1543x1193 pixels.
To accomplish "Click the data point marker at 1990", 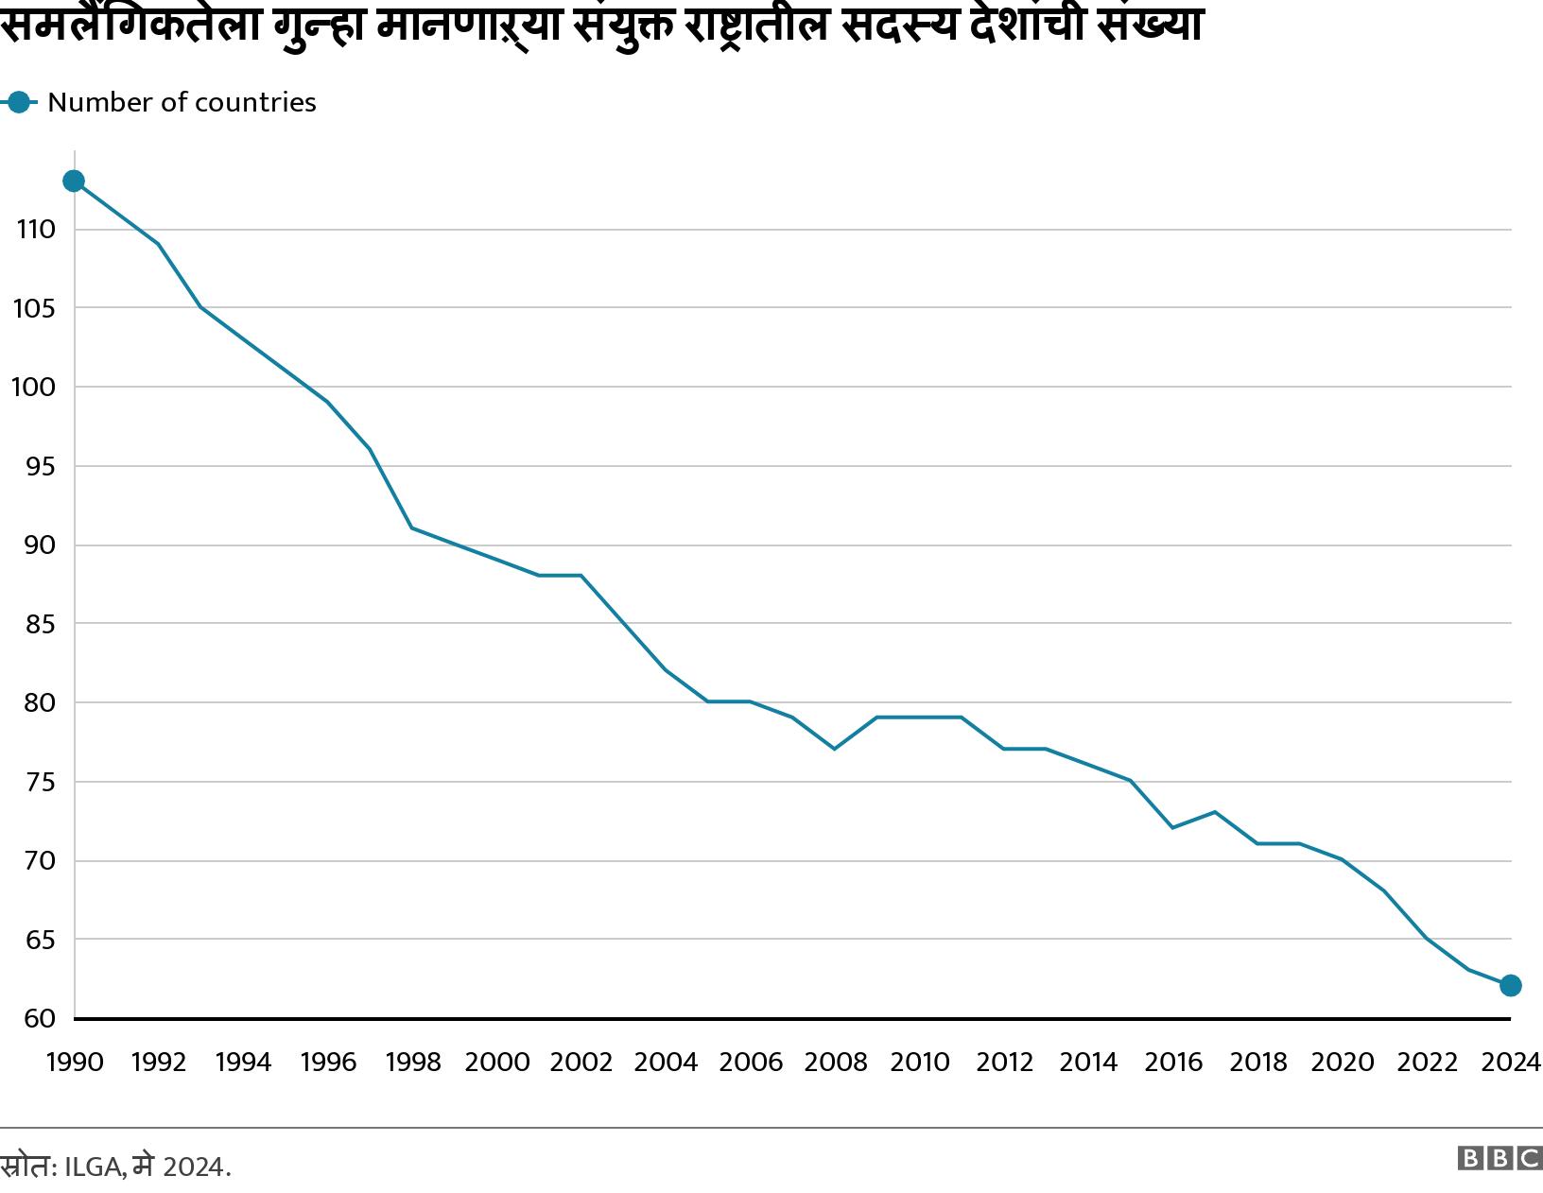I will (x=74, y=181).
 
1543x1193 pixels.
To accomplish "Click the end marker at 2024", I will (x=1510, y=986).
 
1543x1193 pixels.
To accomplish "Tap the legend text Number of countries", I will (x=182, y=102).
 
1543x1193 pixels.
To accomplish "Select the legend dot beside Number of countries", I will (x=18, y=102).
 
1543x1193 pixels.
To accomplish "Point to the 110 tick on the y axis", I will (x=35, y=229).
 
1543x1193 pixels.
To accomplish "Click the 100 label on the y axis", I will (x=35, y=387).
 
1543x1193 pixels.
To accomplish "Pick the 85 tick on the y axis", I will (x=35, y=624).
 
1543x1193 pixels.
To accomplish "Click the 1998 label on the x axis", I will (x=413, y=1063).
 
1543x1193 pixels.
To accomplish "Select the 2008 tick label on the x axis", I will (x=835, y=1063).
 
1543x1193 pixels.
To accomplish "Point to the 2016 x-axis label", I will (x=1173, y=1063).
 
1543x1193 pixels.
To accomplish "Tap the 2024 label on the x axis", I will (x=1511, y=1063).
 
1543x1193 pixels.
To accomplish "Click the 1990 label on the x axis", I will (x=75, y=1063).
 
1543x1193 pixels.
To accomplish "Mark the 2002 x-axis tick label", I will (x=581, y=1063).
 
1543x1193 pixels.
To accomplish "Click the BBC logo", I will (x=1500, y=1158).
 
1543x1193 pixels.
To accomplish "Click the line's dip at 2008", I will (x=834, y=749).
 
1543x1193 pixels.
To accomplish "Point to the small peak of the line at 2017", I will (x=1215, y=812).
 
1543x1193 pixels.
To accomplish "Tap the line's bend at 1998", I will (x=412, y=527).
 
